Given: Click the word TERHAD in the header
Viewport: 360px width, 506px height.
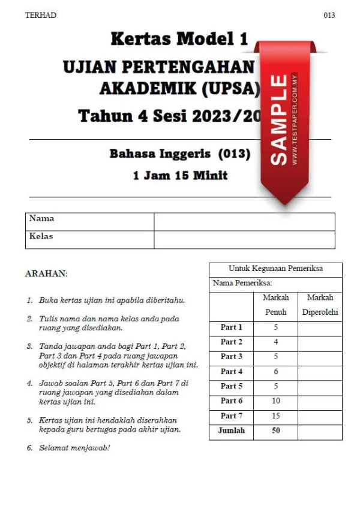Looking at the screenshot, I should (41, 15).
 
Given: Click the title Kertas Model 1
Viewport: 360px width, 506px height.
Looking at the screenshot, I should (179, 40).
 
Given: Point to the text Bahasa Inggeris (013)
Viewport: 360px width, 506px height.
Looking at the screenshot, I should (179, 153).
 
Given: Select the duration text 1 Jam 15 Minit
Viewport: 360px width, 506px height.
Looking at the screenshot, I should (180, 176).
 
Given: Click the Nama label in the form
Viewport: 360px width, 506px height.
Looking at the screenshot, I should (41, 219).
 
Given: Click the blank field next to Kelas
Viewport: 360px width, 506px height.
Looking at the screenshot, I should (244, 239).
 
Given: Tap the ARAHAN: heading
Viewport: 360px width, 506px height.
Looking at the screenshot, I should (46, 273).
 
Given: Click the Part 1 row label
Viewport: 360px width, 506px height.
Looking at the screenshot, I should (231, 327).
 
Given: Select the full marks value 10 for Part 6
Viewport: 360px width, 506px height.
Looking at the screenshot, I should (275, 401).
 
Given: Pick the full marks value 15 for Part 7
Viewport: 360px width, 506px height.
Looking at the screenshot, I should (275, 416).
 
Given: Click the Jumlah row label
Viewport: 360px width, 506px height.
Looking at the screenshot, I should (231, 430).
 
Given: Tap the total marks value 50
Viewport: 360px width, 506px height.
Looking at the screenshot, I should (275, 430).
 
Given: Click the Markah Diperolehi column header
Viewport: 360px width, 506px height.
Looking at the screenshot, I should (320, 305).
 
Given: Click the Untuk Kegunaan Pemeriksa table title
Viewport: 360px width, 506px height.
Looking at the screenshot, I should (275, 269).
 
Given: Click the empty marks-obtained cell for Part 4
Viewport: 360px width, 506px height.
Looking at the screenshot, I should (320, 372).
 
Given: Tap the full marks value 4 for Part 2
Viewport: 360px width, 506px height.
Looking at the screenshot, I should (275, 342).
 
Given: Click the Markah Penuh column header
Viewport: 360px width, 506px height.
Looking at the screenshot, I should (275, 305).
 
